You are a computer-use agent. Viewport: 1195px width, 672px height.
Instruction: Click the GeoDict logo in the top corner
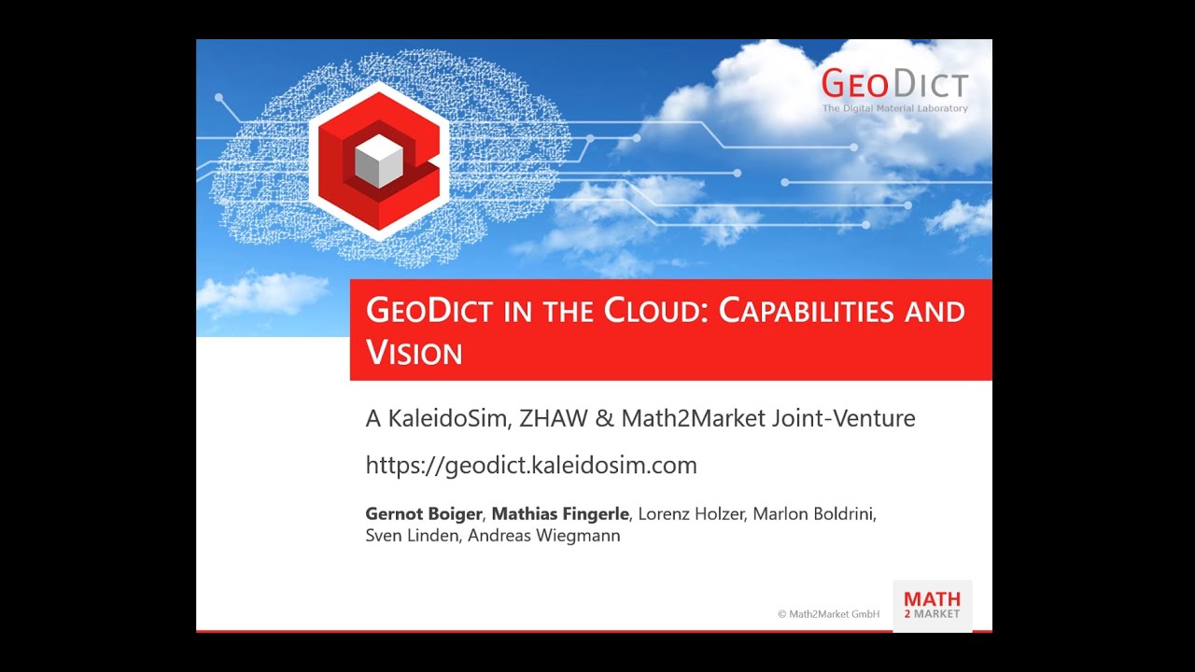tap(894, 84)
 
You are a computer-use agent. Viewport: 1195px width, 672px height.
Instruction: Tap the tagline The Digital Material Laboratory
tap(894, 108)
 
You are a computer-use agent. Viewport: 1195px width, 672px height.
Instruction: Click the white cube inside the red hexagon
tap(378, 161)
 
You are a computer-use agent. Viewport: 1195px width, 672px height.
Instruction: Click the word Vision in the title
tap(415, 353)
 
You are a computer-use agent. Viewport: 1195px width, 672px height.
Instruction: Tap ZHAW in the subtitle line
tap(554, 418)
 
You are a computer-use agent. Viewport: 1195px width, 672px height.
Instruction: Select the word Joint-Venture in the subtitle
tap(843, 418)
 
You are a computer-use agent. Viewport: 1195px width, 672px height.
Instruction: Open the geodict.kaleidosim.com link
tap(531, 465)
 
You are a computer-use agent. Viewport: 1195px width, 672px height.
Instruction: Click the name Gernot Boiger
tap(423, 514)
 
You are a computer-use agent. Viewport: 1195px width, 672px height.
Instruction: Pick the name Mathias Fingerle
tap(561, 514)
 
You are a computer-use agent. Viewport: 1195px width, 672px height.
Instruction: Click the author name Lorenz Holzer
tap(690, 514)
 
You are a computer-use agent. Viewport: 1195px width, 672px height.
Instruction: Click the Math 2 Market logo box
tap(932, 605)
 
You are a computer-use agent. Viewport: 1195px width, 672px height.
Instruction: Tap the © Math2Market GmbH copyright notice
tap(828, 614)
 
